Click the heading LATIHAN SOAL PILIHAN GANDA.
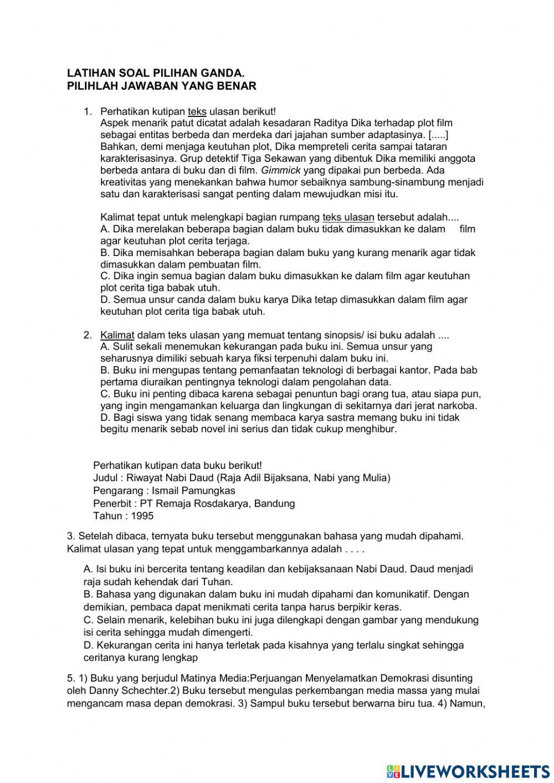pos(156,73)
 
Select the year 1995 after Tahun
pos(142,516)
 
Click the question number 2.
pos(87,335)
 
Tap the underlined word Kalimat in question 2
pos(117,335)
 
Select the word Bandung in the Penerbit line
pos(276,503)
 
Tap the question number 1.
pos(87,111)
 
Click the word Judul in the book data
pos(105,478)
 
